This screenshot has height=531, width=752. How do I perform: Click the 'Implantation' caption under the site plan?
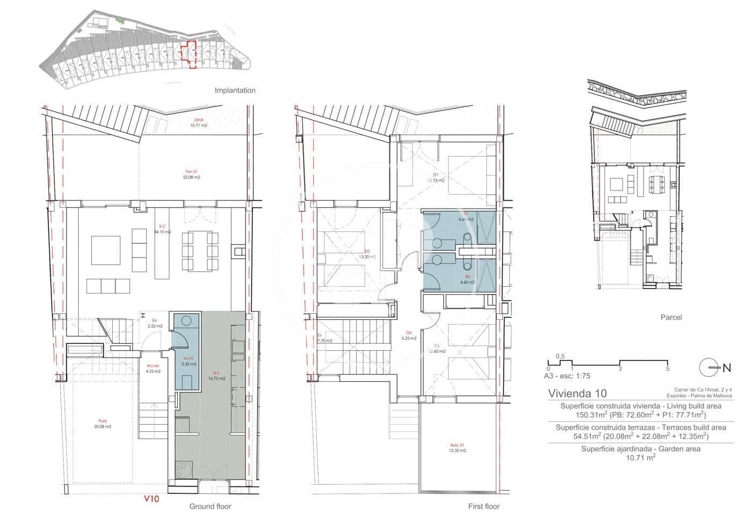235,91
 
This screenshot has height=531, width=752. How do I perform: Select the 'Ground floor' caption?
209,506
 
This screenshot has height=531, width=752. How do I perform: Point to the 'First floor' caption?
483,506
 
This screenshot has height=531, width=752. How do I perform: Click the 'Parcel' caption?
671,318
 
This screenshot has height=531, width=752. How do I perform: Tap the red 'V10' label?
151,498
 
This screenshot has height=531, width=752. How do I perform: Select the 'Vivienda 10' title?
577,393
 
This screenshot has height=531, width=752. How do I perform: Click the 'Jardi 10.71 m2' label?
198,123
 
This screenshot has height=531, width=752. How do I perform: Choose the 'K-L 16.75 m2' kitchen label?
218,375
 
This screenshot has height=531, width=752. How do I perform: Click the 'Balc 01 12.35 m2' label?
457,447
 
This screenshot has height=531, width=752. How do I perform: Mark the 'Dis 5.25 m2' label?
409,335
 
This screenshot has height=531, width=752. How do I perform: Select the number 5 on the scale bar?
667,368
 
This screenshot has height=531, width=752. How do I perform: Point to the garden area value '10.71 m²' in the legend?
640,458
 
